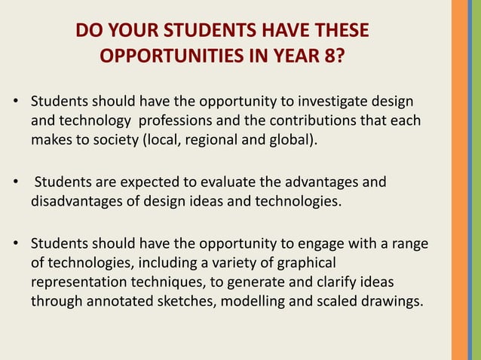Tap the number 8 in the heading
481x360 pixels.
(x=335, y=56)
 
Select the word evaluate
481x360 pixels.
(x=213, y=182)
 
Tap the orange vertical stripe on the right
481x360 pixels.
(x=461, y=180)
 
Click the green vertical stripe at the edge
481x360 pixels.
(x=477, y=180)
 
